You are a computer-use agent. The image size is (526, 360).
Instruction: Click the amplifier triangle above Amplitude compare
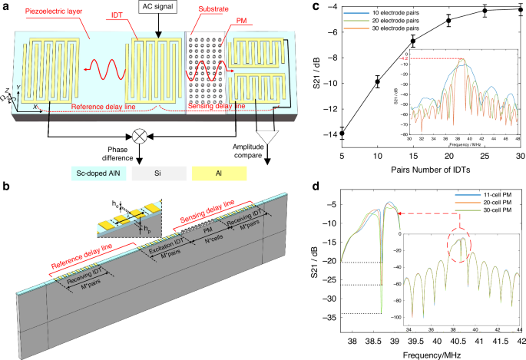[x=269, y=135]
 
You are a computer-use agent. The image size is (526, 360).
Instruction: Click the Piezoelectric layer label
[x=50, y=9]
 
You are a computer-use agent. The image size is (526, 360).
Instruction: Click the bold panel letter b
[x=6, y=187]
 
